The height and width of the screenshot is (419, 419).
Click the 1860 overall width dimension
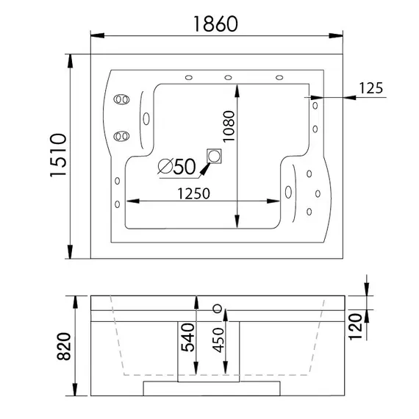click(216, 24)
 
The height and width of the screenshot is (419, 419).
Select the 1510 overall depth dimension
click(58, 157)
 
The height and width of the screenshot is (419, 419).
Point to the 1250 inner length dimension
click(192, 193)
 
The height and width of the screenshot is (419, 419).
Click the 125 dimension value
click(371, 88)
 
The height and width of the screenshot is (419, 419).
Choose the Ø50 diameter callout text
click(176, 167)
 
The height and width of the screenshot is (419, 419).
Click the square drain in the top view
click(215, 156)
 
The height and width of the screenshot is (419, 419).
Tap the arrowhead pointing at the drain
click(204, 166)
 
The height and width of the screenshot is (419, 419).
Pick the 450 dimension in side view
click(218, 340)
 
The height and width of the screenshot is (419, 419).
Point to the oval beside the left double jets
click(145, 117)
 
